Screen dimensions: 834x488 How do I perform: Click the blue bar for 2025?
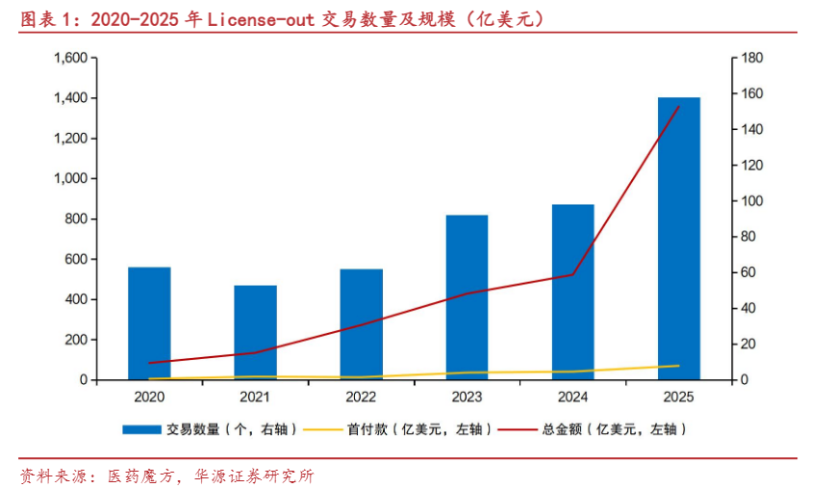pyautogui.click(x=679, y=239)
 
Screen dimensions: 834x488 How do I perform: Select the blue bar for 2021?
pyautogui.click(x=255, y=333)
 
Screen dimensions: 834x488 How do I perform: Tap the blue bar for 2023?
pyautogui.click(x=467, y=297)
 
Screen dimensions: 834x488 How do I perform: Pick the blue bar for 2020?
pyautogui.click(x=149, y=323)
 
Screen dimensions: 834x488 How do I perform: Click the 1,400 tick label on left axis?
pyautogui.click(x=71, y=98)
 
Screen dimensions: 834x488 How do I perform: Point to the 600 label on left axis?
pyautogui.click(x=76, y=259)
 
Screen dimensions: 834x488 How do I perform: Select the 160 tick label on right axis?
pyautogui.click(x=752, y=93)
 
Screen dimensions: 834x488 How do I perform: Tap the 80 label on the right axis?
pyautogui.click(x=748, y=236)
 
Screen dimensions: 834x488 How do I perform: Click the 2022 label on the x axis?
pyautogui.click(x=361, y=397)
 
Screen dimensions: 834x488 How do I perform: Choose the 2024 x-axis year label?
pyautogui.click(x=573, y=397)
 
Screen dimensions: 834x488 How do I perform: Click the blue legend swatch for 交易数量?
pyautogui.click(x=141, y=429)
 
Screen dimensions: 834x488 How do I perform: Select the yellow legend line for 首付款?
pyautogui.click(x=322, y=429)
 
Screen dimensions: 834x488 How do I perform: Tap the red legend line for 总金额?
pyautogui.click(x=518, y=429)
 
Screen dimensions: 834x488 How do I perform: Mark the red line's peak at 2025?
pyautogui.click(x=679, y=107)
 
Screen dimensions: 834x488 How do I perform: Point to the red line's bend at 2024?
pyautogui.click(x=573, y=274)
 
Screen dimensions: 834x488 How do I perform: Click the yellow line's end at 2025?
pyautogui.click(x=679, y=366)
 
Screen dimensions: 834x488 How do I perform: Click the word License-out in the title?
pyautogui.click(x=261, y=19)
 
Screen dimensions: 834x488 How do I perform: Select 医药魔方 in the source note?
pyautogui.click(x=140, y=475)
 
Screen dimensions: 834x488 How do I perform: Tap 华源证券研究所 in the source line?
pyautogui.click(x=254, y=475)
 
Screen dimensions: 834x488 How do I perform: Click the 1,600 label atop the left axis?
pyautogui.click(x=71, y=58)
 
